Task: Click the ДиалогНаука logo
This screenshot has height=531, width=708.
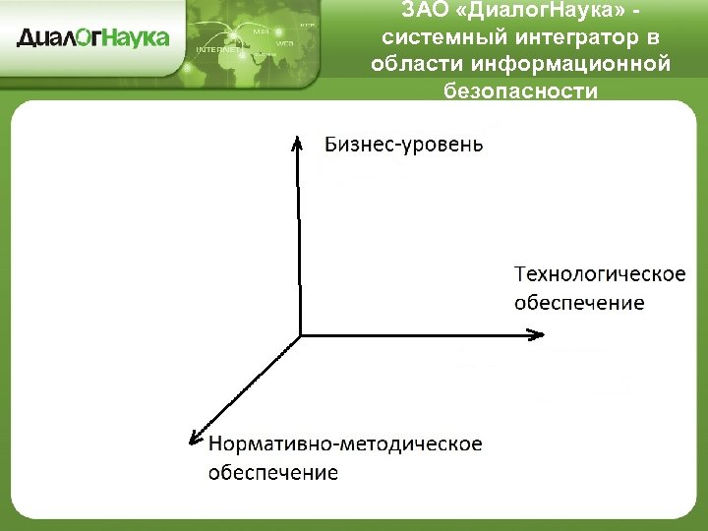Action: pos(93,38)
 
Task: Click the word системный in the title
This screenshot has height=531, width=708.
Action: pos(438,38)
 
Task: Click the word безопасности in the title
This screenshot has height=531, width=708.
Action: pos(520,91)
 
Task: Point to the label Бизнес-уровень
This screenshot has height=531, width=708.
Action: pos(403,145)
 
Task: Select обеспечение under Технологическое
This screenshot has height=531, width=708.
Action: pos(579,302)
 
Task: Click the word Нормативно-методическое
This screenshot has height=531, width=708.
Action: pos(345,443)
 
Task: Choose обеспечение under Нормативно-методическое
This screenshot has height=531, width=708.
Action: pos(273,473)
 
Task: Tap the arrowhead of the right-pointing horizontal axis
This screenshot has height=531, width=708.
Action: pos(537,335)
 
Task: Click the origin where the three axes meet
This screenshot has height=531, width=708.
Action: pos(300,335)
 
